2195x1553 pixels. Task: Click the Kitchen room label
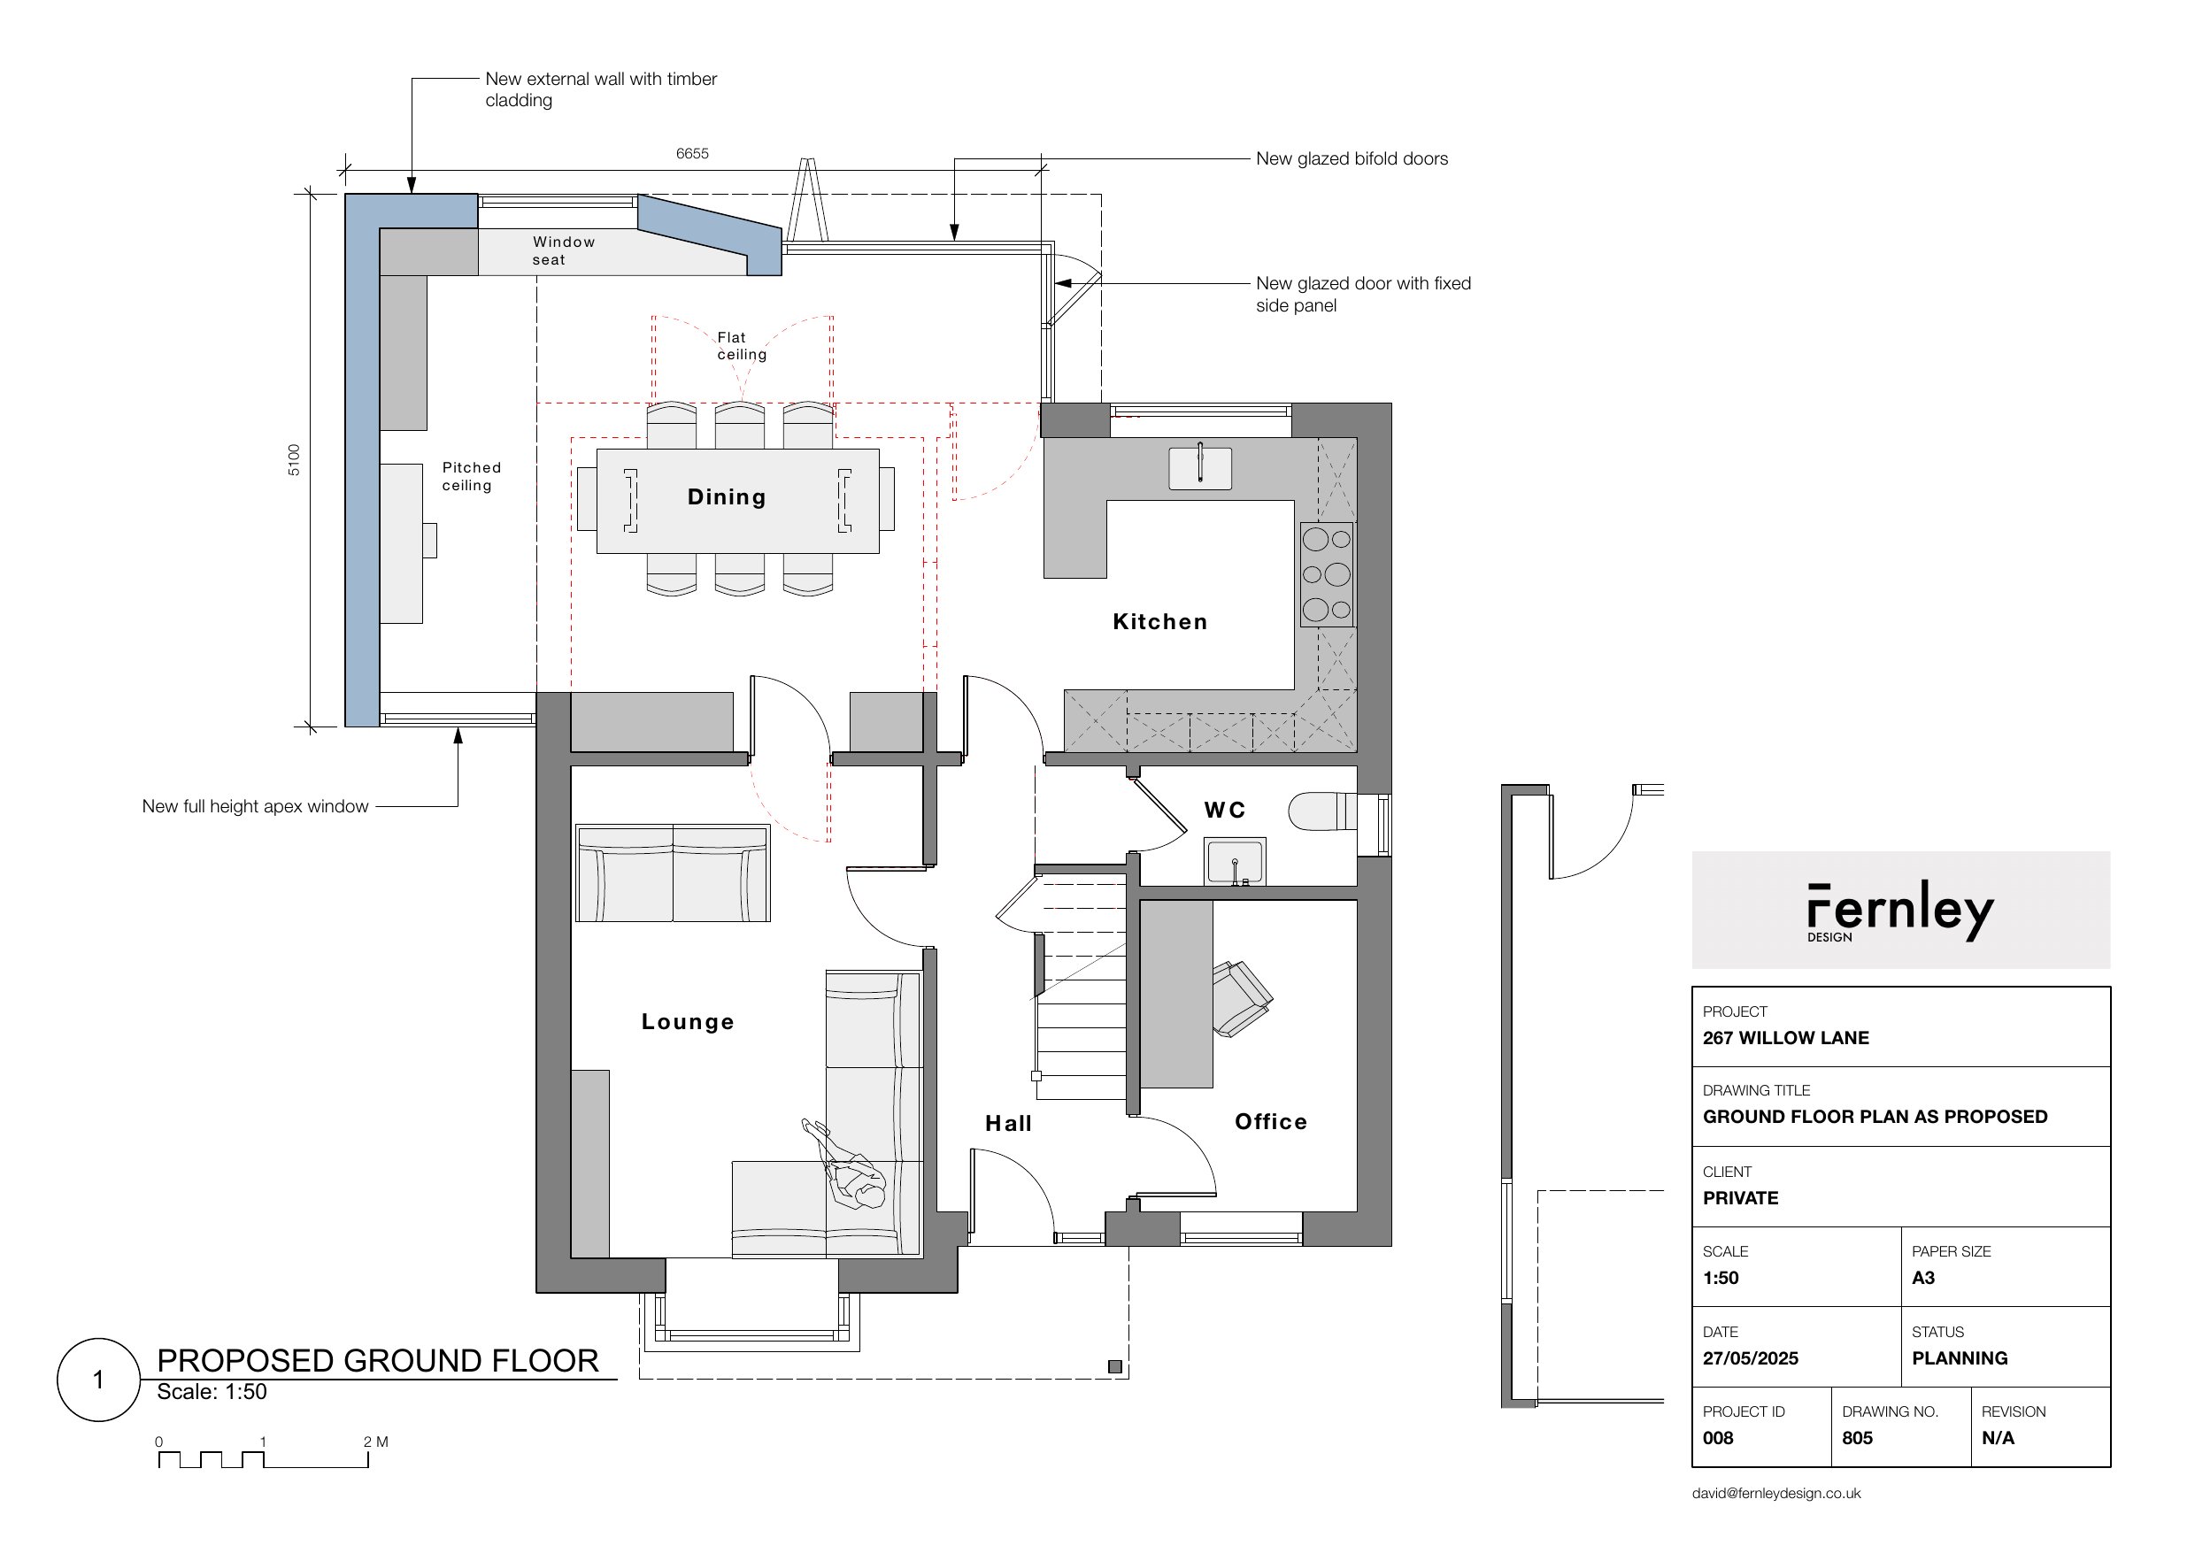1160,621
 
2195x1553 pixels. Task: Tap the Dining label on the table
727,497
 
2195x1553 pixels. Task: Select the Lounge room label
688,1021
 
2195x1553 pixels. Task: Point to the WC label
1224,810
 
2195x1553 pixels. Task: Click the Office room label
1271,1122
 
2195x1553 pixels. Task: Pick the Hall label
1009,1124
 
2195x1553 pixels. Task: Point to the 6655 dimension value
692,153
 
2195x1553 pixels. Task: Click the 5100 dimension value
294,460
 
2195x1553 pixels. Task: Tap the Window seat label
563,250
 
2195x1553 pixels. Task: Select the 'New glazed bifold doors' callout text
1352,158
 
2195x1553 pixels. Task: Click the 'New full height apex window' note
256,806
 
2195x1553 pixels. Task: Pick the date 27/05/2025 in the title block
1751,1358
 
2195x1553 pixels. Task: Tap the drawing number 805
1858,1437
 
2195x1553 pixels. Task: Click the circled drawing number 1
98,1379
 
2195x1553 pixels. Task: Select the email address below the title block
1776,1493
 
